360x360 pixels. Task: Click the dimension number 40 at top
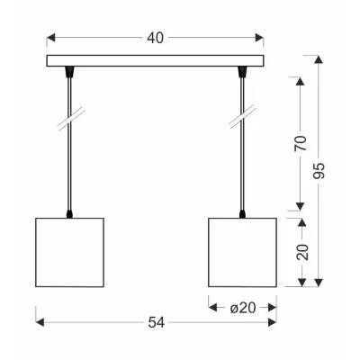click(x=156, y=38)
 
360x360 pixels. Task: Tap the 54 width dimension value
click(x=157, y=322)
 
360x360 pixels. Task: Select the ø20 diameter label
click(x=243, y=308)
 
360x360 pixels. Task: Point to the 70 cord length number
click(x=301, y=143)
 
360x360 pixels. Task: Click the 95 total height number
click(x=319, y=170)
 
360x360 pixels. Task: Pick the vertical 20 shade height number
click(x=302, y=252)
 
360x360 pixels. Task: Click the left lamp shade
click(x=70, y=252)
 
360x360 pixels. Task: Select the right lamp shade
click(x=242, y=252)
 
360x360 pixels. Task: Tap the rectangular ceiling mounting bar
click(x=155, y=60)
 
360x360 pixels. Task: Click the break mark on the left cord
click(x=71, y=119)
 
